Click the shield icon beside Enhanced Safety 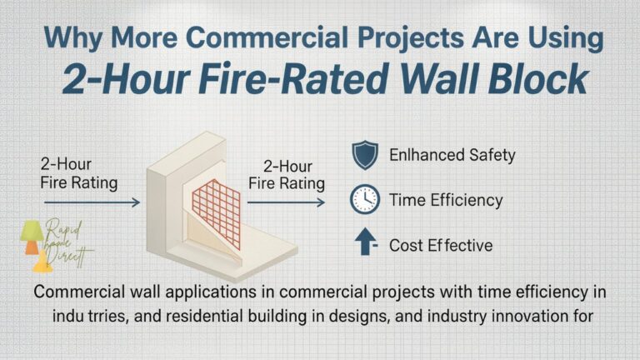pos(363,156)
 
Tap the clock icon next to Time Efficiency pos(363,200)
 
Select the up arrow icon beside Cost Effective pos(364,244)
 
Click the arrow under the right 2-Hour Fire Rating pos(288,202)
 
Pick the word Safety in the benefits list pos(487,155)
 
